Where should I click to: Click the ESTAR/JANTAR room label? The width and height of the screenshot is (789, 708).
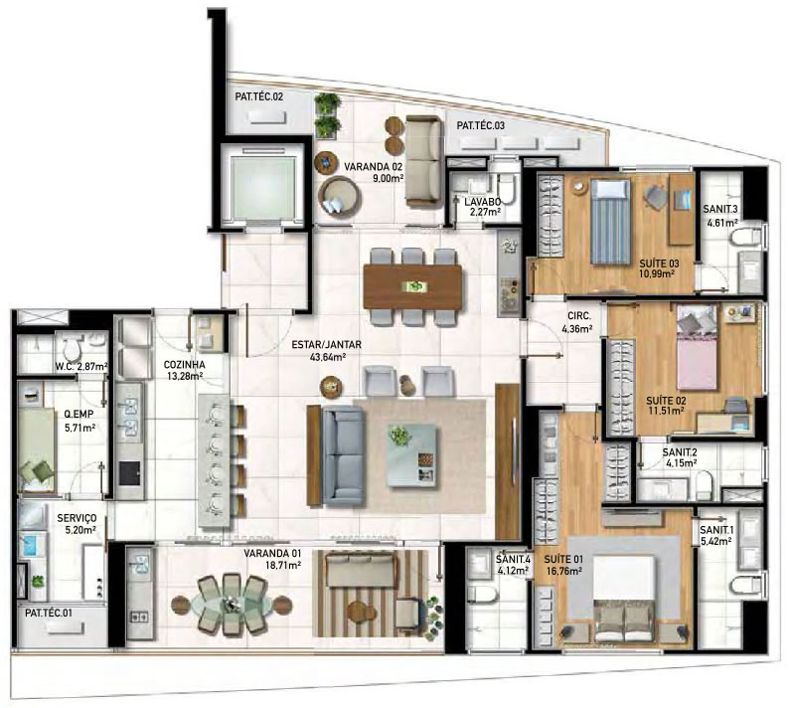[x=326, y=345]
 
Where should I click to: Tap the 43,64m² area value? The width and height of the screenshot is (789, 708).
[x=328, y=358]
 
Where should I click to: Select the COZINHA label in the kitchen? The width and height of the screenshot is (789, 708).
[x=184, y=364]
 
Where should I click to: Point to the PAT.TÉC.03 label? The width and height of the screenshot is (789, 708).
[x=480, y=126]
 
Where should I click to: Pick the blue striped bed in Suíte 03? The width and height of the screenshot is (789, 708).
[x=610, y=222]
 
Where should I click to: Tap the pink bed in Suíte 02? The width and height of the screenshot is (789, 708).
[x=697, y=347]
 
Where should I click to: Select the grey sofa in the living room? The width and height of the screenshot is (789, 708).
[x=343, y=456]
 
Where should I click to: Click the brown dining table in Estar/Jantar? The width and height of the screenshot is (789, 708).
[x=412, y=287]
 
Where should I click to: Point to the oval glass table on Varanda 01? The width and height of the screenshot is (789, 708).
[x=232, y=604]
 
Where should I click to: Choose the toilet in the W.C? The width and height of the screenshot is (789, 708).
[x=72, y=347]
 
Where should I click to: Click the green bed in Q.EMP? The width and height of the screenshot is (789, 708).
[x=37, y=449]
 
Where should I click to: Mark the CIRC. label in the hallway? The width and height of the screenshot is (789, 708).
[x=579, y=316]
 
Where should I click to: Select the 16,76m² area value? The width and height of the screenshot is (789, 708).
[x=564, y=571]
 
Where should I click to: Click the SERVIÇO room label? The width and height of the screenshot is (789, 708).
[x=77, y=518]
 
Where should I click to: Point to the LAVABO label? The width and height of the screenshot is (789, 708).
[x=482, y=202]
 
